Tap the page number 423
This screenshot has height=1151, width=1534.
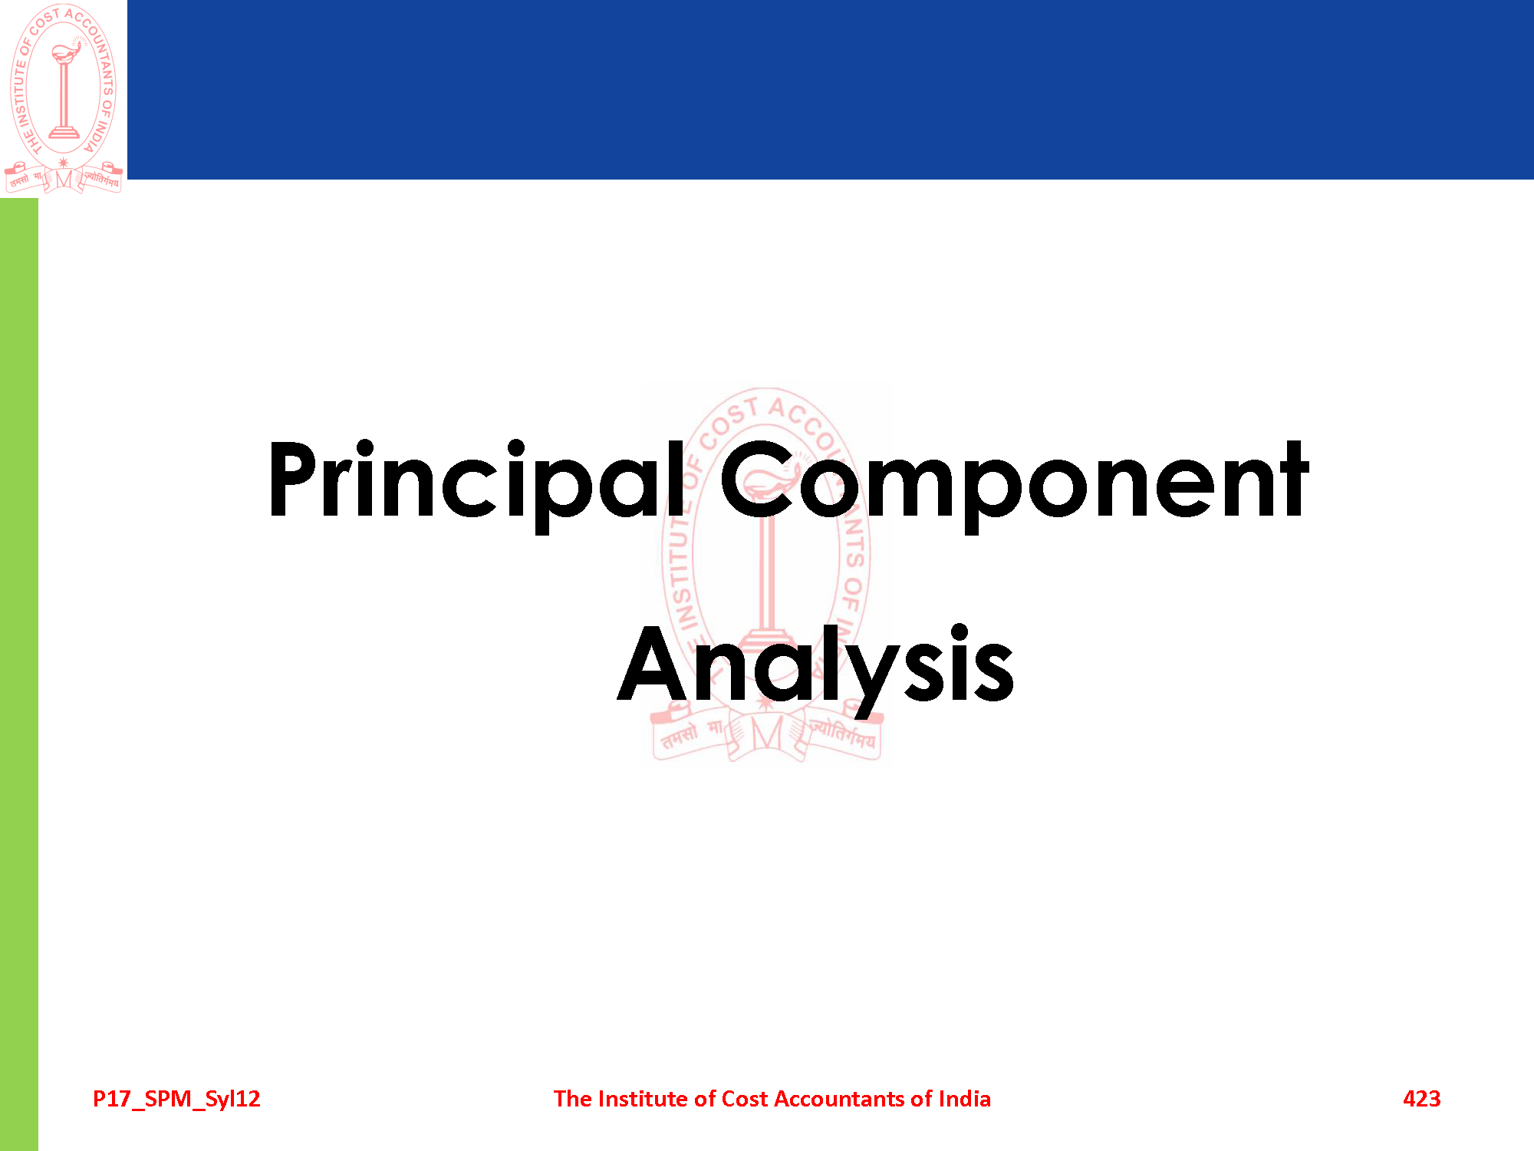tap(1421, 1099)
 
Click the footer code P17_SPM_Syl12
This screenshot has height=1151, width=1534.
tap(176, 1100)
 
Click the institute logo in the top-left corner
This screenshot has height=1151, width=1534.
tap(64, 98)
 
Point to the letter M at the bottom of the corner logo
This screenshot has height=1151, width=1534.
tap(64, 180)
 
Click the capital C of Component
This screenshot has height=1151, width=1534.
tap(755, 480)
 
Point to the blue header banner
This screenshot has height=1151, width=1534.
tap(831, 90)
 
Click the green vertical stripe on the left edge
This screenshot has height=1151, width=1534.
tap(19, 674)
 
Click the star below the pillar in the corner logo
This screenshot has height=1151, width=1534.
tap(64, 163)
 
